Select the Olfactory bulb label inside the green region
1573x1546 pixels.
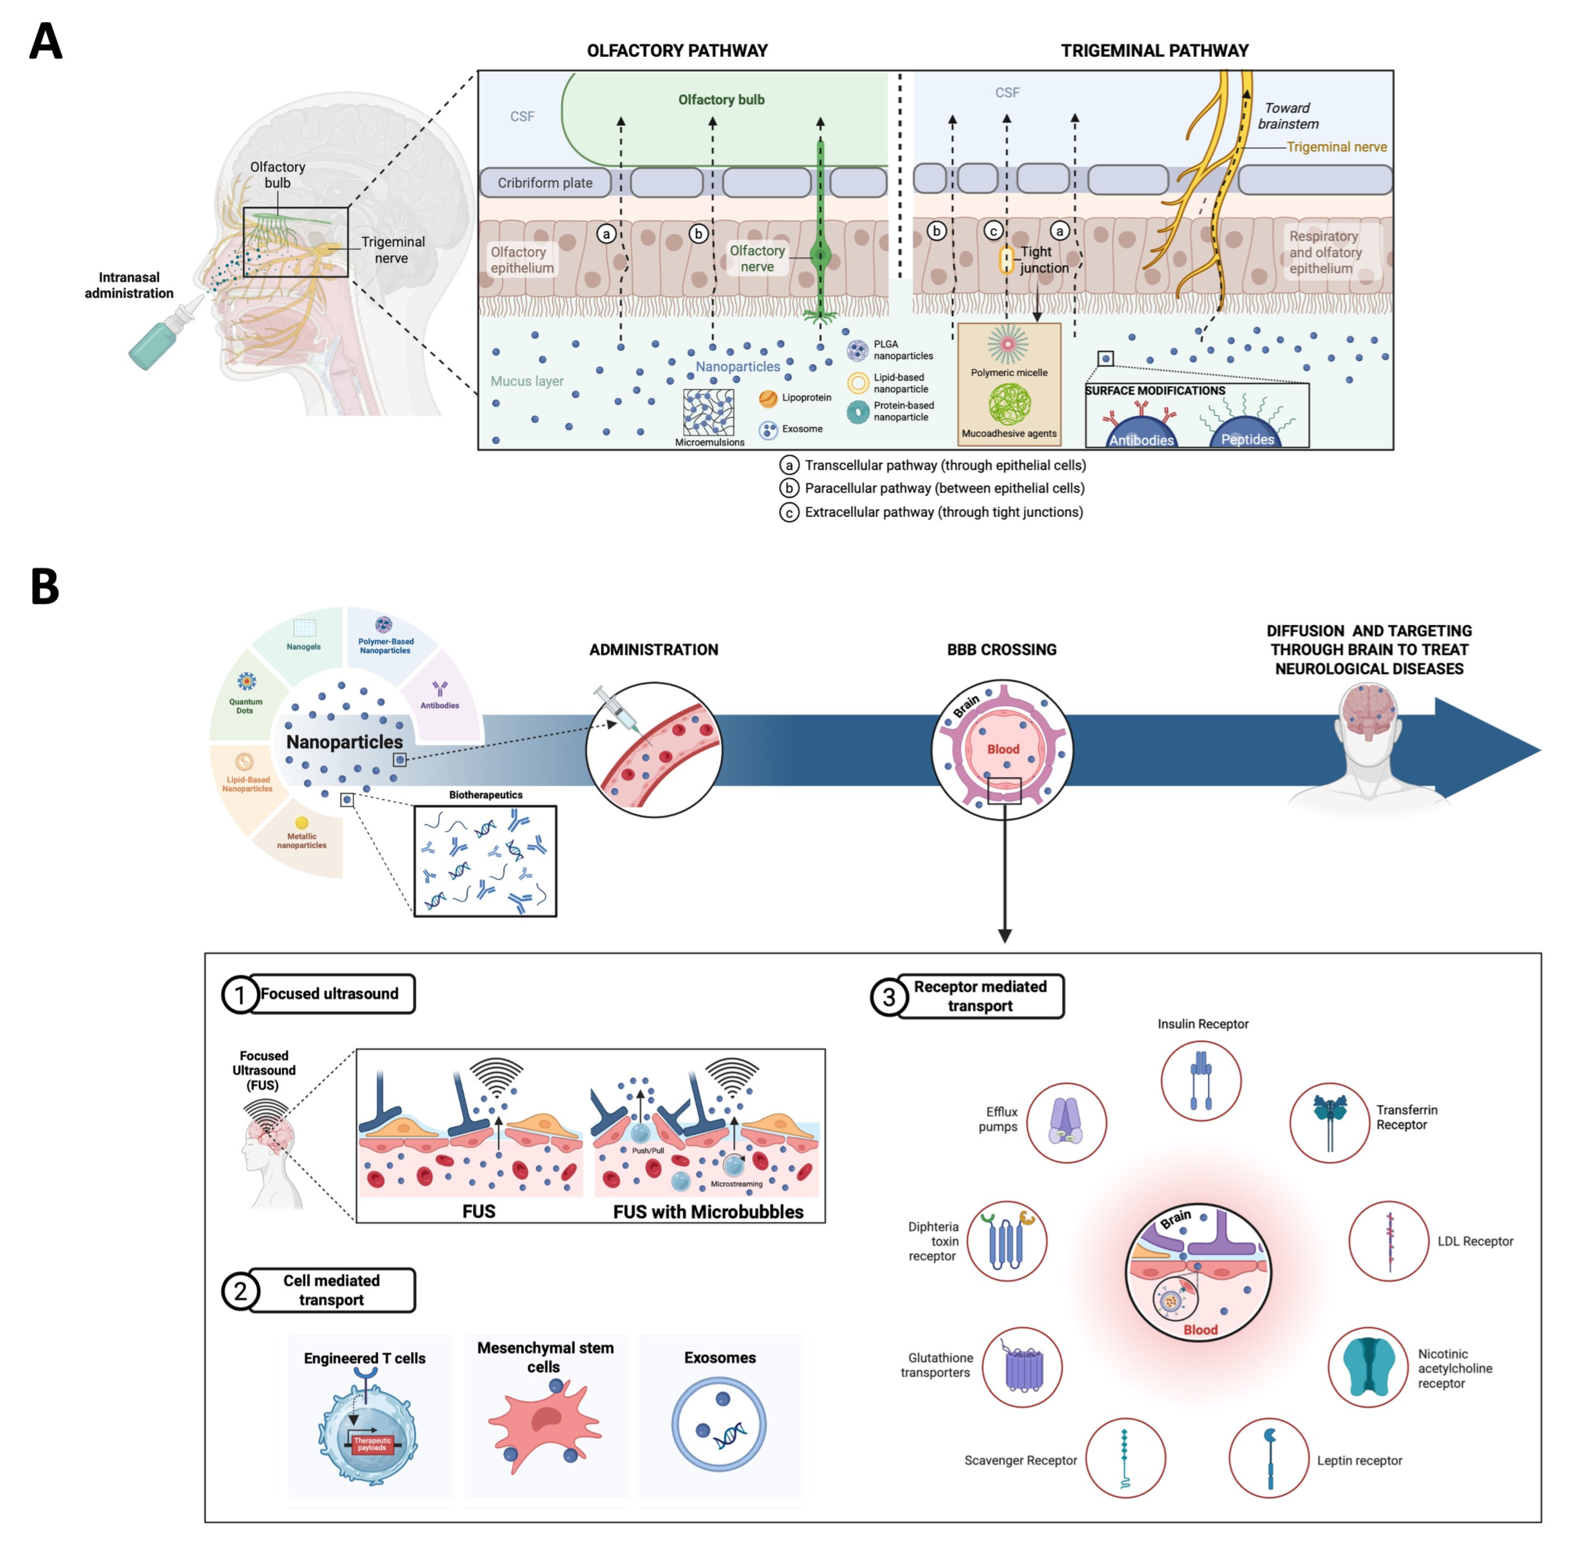(721, 100)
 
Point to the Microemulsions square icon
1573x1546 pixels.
(708, 412)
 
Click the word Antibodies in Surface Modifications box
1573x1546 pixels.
(1141, 440)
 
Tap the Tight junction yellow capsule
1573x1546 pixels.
(1006, 260)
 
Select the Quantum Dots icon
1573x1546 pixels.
(246, 680)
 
